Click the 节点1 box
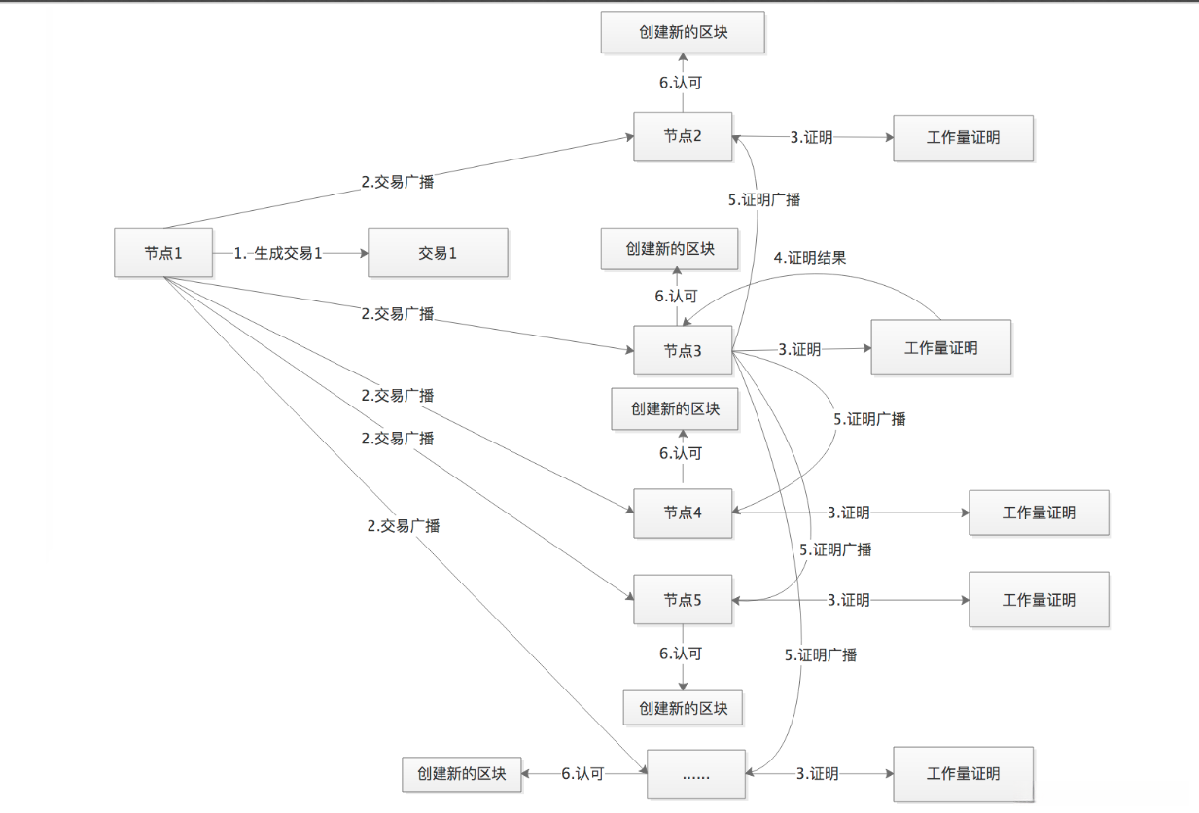(x=163, y=253)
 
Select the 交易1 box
(x=438, y=253)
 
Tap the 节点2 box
(x=683, y=137)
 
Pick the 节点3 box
(x=683, y=351)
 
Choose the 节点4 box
(x=683, y=513)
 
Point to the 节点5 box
(x=683, y=600)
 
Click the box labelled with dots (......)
(x=696, y=774)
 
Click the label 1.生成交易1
(x=278, y=253)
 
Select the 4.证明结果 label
(x=809, y=258)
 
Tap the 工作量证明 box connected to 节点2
(x=963, y=137)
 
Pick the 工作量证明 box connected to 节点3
(x=940, y=347)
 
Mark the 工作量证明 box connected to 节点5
(x=1039, y=600)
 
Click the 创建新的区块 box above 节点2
(x=683, y=33)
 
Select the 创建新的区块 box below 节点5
(x=683, y=708)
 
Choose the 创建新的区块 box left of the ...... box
(x=462, y=774)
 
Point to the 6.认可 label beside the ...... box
(x=582, y=774)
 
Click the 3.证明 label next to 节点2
(x=811, y=137)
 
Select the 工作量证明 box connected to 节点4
(x=1039, y=513)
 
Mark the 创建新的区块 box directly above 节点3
(x=670, y=248)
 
